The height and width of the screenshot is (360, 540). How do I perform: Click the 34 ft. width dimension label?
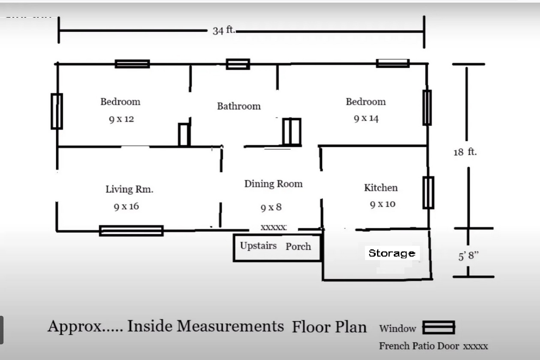click(223, 30)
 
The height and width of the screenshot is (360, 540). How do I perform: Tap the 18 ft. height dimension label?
click(465, 152)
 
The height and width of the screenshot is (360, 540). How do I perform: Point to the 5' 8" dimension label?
click(468, 256)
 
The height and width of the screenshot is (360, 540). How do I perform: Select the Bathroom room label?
click(238, 106)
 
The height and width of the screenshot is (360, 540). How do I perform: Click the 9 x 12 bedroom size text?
click(121, 119)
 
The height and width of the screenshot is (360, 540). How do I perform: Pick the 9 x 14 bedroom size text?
click(366, 118)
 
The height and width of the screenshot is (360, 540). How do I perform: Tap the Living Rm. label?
click(130, 189)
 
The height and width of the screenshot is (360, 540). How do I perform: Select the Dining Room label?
click(273, 184)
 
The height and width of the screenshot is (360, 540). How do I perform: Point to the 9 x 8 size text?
click(271, 207)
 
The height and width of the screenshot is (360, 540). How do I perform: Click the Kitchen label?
click(380, 188)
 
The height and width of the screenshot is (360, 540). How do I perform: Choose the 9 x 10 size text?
click(383, 204)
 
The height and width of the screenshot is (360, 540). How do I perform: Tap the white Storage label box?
click(392, 253)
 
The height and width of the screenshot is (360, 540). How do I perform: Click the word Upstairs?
click(258, 246)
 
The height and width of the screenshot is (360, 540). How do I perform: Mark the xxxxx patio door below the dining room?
click(274, 227)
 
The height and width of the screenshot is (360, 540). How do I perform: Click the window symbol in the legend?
click(439, 327)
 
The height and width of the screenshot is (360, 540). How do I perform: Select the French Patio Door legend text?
click(419, 346)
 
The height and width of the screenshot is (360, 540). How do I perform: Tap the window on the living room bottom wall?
click(131, 231)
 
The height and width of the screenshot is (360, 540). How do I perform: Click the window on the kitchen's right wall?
click(428, 192)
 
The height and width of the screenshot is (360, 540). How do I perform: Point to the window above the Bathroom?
click(238, 64)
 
